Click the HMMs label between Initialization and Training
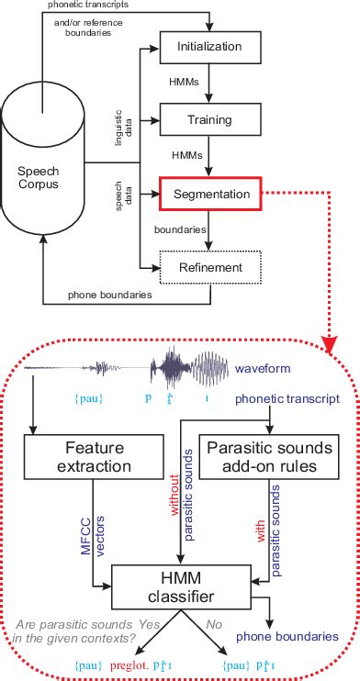[x=180, y=82]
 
